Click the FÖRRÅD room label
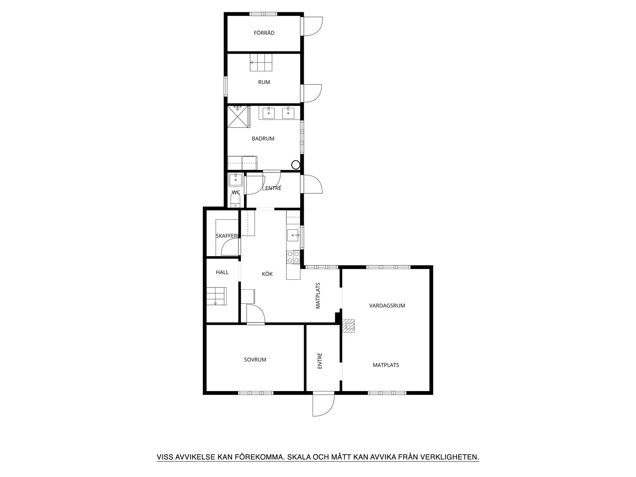pyautogui.click(x=264, y=33)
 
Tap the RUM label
pyautogui.click(x=264, y=82)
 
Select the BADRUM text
pyautogui.click(x=263, y=139)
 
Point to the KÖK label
pyautogui.click(x=267, y=274)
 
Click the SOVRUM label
pyautogui.click(x=255, y=360)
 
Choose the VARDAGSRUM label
pyautogui.click(x=387, y=306)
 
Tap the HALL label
pyautogui.click(x=222, y=272)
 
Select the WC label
pyautogui.click(x=236, y=192)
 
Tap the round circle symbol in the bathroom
pyautogui.click(x=296, y=165)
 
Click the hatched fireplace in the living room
pyautogui.click(x=348, y=326)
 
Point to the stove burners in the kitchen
pyautogui.click(x=293, y=257)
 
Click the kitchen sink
pyautogui.click(x=293, y=235)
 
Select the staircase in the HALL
pyautogui.click(x=216, y=296)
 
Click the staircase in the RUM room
pyautogui.click(x=261, y=62)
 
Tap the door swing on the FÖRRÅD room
pyautogui.click(x=313, y=26)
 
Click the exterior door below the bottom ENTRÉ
pyautogui.click(x=323, y=405)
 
